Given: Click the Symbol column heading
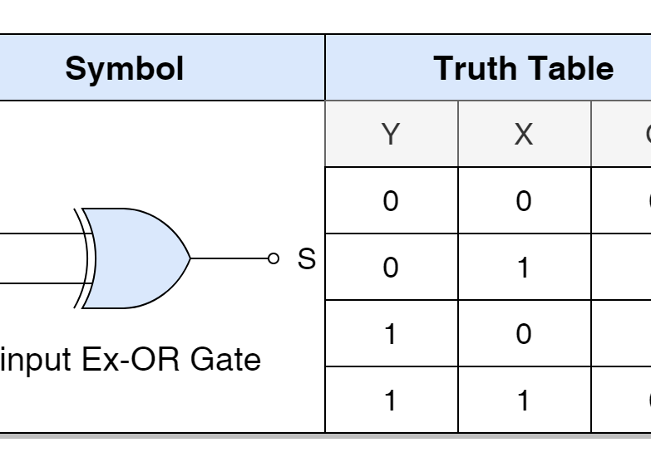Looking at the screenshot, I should [x=125, y=68].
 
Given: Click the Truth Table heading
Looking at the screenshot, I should [x=523, y=68].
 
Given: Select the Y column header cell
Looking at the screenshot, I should [x=391, y=134].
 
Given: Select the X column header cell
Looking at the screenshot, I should [x=524, y=134].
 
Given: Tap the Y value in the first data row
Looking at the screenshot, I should [x=391, y=201].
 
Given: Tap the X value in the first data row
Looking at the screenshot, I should [x=524, y=201].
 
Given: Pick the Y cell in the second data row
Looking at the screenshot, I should [x=391, y=268].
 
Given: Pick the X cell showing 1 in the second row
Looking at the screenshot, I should [x=524, y=268].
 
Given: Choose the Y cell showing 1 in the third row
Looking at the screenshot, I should [x=391, y=334].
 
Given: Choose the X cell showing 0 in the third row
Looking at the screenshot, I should [x=524, y=334].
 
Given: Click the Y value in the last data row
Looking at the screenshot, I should [x=391, y=401].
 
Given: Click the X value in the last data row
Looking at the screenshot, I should [x=524, y=401].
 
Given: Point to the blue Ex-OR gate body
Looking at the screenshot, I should [x=137, y=258].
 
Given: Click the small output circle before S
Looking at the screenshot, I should [x=274, y=258].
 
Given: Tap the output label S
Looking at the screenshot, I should [x=307, y=259].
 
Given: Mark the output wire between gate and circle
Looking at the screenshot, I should [x=229, y=258].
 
